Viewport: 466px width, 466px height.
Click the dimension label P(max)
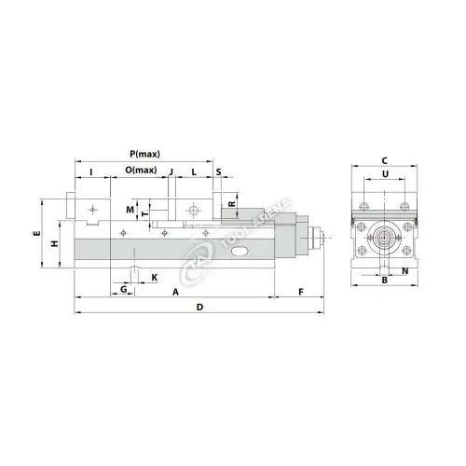(144, 154)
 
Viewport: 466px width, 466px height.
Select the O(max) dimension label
(141, 171)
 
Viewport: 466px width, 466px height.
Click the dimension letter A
(175, 292)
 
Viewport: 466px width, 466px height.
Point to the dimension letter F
(300, 292)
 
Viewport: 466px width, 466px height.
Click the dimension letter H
(54, 243)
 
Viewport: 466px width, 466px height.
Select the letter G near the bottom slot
(124, 290)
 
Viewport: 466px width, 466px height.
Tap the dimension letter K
(155, 278)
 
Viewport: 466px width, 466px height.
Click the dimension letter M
(130, 208)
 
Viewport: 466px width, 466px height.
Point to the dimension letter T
(144, 212)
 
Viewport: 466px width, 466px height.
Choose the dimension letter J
(171, 171)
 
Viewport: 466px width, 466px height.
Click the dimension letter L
(193, 171)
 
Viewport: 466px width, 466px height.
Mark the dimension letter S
(218, 171)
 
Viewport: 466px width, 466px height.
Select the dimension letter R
(231, 204)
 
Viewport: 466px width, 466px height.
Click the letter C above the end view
(384, 159)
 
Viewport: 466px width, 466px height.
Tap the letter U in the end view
(384, 173)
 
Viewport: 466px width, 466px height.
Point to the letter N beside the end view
(404, 271)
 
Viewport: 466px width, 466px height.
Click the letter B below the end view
(384, 282)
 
